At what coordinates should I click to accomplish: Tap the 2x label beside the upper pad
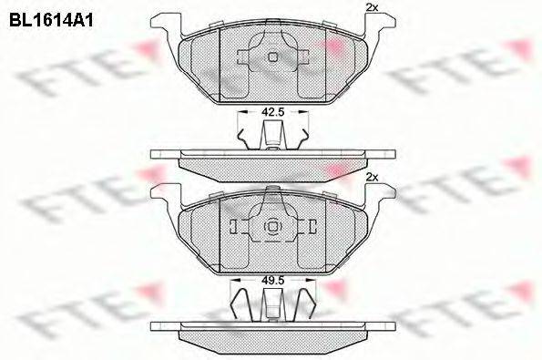[371, 7]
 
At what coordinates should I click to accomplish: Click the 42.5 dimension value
[271, 112]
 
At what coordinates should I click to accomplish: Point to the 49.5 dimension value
[271, 282]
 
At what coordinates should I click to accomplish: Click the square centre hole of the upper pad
[271, 57]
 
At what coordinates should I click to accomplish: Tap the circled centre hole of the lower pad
[271, 227]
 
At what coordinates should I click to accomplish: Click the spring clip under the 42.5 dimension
[271, 136]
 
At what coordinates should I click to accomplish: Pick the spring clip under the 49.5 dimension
[271, 305]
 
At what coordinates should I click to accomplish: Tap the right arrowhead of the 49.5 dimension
[307, 282]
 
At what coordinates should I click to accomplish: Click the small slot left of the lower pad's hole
[234, 227]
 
